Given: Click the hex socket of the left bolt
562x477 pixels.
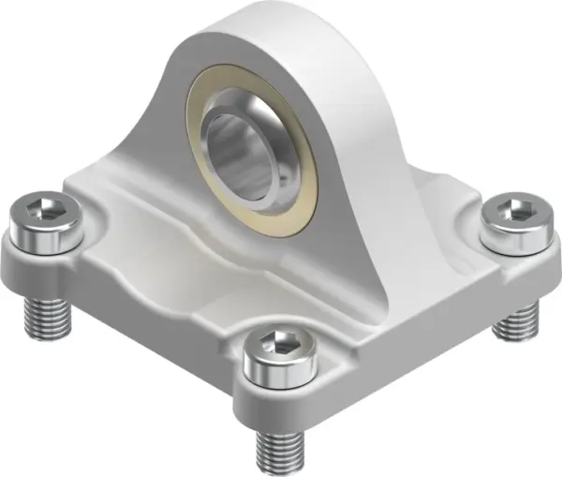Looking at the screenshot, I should (x=42, y=211).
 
